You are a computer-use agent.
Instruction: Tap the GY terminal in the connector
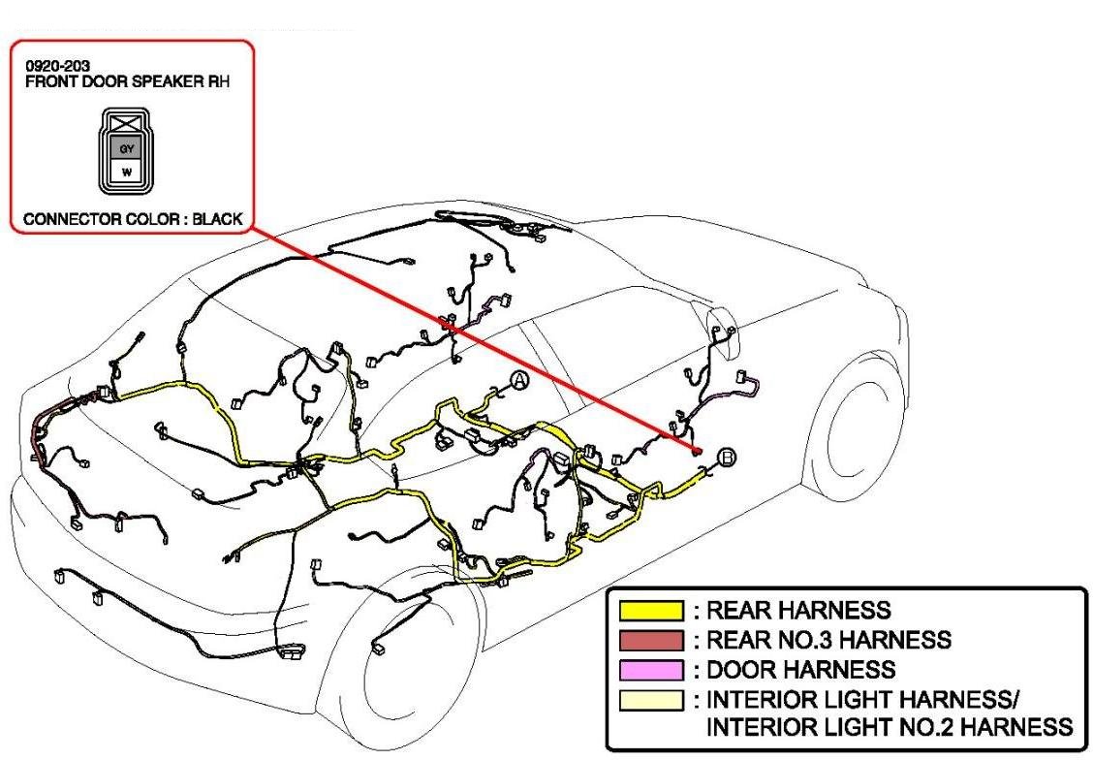tap(126, 148)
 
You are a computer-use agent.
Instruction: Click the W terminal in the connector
tap(126, 172)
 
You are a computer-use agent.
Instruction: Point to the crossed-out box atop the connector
tap(126, 123)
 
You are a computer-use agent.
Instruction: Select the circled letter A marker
tap(519, 381)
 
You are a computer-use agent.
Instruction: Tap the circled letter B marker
tap(727, 458)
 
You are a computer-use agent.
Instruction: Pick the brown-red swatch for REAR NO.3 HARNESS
tap(652, 641)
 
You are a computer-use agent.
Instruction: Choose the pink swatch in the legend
tap(652, 670)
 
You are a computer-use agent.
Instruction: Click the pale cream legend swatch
tap(652, 700)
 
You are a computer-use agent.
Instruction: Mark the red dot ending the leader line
tap(697, 452)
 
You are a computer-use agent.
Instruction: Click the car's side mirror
tap(726, 326)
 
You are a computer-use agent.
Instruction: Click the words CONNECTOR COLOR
tap(91, 219)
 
